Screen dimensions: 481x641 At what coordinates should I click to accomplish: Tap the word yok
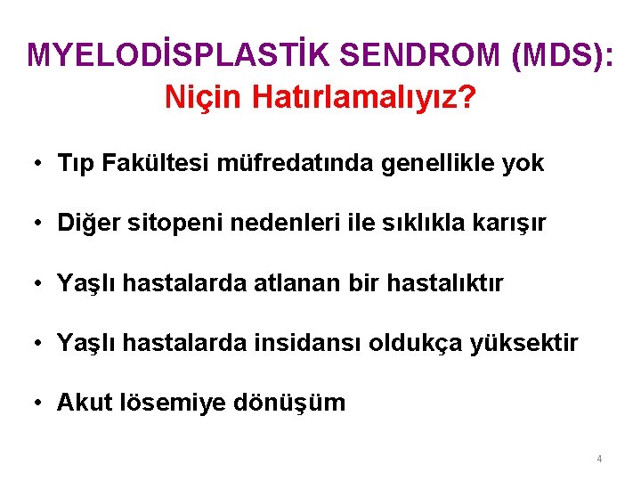[523, 163]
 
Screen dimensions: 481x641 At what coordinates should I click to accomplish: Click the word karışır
[508, 224]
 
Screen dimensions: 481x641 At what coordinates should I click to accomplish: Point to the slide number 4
[599, 459]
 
